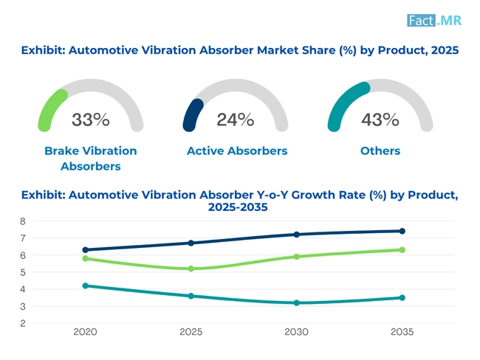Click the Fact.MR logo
(x=434, y=20)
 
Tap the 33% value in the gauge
(x=90, y=120)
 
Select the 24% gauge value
(x=235, y=120)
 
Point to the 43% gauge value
(x=380, y=120)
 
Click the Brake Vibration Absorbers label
(x=90, y=158)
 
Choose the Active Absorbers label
(x=236, y=150)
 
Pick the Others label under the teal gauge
(x=380, y=150)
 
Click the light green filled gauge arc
(x=50, y=108)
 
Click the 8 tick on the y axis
(x=23, y=221)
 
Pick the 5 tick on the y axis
(x=23, y=272)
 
